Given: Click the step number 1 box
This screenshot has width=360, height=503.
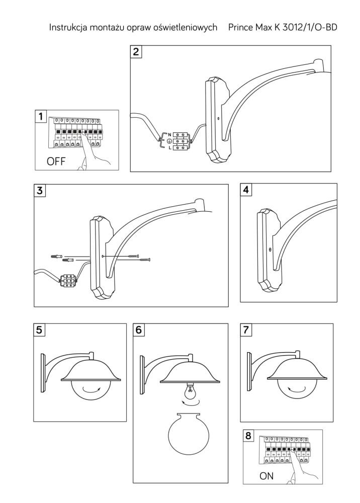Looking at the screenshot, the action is coord(41,116).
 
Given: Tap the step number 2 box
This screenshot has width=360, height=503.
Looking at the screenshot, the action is coord(136,52).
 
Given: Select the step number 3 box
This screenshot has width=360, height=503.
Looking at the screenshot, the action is coord(39,190).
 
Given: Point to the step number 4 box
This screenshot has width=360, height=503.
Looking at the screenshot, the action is coord(246,190).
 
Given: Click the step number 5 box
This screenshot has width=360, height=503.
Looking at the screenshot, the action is coord(39,329).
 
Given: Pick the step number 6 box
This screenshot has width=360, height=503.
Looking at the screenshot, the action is coord(138,329).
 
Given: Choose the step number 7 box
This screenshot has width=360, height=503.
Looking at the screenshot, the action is coord(246,329).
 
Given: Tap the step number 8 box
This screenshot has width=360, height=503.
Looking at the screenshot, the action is coord(248,436).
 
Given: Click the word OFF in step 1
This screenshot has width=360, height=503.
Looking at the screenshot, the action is coord(56,161).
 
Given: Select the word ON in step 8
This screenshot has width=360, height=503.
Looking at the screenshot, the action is coord(266,476).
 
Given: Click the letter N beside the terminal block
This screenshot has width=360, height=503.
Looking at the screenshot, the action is coord(169,134).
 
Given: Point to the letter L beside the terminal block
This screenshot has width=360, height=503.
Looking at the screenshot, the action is coord(169,148).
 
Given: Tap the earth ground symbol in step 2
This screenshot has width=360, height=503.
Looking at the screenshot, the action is coord(169,141).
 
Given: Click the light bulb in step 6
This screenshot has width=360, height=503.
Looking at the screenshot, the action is coord(190,391).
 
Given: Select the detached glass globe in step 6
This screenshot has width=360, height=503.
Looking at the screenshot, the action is coord(189,433).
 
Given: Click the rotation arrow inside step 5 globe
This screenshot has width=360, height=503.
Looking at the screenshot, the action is coord(91,390).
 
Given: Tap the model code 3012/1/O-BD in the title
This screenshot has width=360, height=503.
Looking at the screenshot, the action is coord(310,28).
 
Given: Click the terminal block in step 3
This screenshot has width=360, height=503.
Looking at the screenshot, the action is coord(68,280).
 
